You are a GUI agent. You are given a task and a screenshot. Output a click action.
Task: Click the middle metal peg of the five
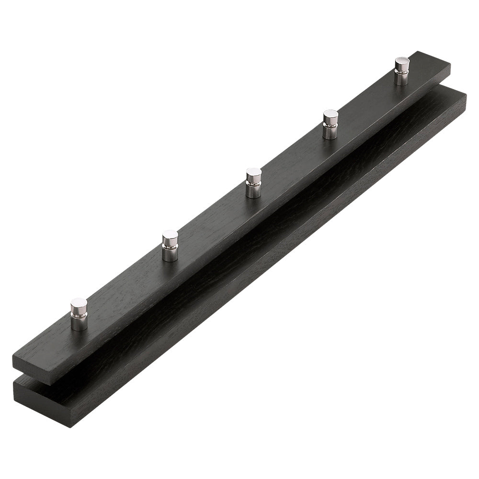[x=253, y=183]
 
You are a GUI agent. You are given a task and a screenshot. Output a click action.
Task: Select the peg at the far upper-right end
[x=401, y=71]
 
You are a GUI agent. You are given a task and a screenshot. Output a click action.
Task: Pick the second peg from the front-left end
[x=170, y=246]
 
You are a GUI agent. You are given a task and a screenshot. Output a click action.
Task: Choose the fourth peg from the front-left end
[x=330, y=125]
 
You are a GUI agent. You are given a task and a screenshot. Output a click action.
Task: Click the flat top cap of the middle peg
[x=253, y=173]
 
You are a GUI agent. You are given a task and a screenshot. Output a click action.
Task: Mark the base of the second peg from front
[x=170, y=255]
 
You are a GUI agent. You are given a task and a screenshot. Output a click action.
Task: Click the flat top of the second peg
[x=170, y=236]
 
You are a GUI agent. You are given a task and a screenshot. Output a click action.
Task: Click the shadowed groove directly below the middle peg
[x=268, y=220]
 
